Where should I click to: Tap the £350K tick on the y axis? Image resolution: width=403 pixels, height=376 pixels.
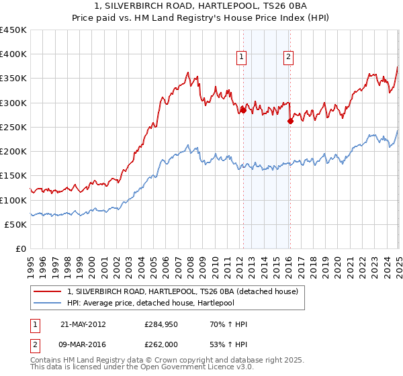[13, 79]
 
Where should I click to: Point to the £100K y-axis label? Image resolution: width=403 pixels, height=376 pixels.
[13, 200]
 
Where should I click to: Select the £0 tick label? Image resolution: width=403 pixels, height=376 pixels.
[19, 249]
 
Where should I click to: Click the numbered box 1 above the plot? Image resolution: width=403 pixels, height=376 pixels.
[240, 58]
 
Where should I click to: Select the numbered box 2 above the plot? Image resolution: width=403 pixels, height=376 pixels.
[287, 58]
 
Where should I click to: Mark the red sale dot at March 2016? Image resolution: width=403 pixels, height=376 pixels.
[290, 122]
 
